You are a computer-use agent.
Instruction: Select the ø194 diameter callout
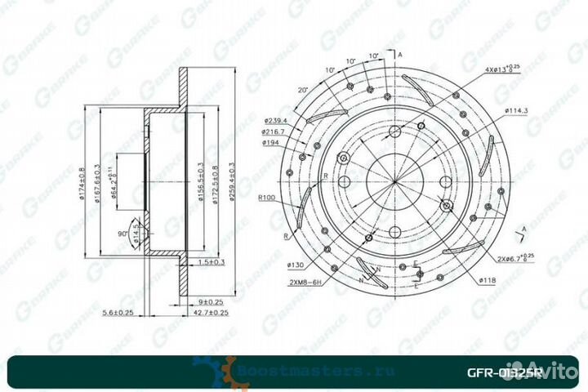[271, 141]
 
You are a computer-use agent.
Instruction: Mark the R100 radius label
[269, 198]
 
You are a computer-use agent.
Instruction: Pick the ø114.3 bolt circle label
[519, 109]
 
